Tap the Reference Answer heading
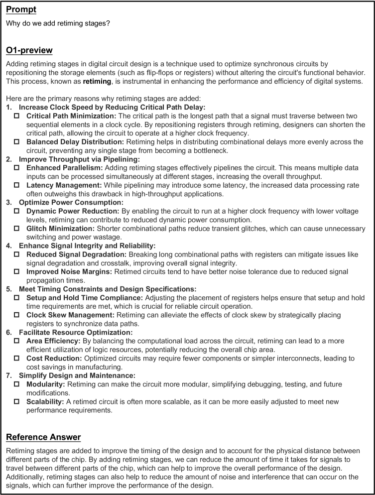tap(43, 437)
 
